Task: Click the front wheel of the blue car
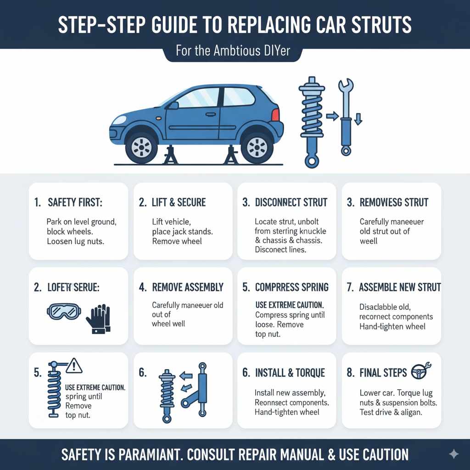(x=141, y=147)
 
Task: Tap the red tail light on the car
(x=275, y=115)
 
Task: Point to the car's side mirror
(x=173, y=106)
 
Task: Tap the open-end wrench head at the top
(x=345, y=87)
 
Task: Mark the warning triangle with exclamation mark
(x=74, y=365)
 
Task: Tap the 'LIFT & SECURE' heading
(x=179, y=202)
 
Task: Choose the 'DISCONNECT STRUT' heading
(x=291, y=202)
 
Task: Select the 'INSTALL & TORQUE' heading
(x=290, y=373)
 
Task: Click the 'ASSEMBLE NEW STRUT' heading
(x=399, y=287)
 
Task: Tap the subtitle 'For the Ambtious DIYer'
(x=233, y=50)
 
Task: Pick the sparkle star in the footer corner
(x=453, y=454)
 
